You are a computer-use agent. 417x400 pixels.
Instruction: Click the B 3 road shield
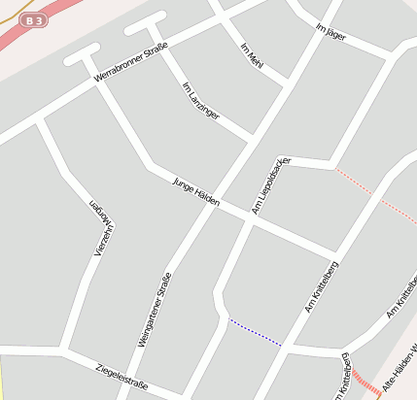coord(34,20)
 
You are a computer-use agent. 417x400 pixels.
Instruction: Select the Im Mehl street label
coord(252,53)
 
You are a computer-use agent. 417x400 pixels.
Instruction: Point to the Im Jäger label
coord(331,35)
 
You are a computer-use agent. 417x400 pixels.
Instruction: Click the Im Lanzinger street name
coord(201,101)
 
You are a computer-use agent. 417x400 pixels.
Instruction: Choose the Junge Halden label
coord(195,192)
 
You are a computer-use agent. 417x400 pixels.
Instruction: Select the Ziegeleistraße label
coord(122,377)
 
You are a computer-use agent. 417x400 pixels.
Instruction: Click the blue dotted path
coord(255,332)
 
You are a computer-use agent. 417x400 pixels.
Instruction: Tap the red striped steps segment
coord(366,383)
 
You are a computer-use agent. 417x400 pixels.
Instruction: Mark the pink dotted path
coord(374,195)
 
